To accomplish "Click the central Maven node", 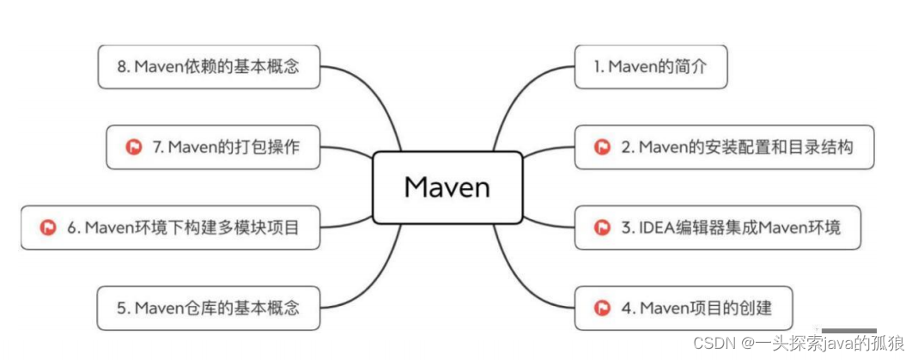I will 447,187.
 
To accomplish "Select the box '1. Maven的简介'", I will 650,67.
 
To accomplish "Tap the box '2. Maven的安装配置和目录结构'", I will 723,147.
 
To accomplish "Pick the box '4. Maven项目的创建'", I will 684,307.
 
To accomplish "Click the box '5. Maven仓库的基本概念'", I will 208,308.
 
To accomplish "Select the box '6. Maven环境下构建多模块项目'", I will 169,229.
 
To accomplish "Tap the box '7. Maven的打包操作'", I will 213,147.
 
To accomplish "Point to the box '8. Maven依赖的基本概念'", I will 208,66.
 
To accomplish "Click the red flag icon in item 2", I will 603,147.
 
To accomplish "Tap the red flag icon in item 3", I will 603,228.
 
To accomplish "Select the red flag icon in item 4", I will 603,307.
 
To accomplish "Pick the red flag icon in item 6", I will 48,229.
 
